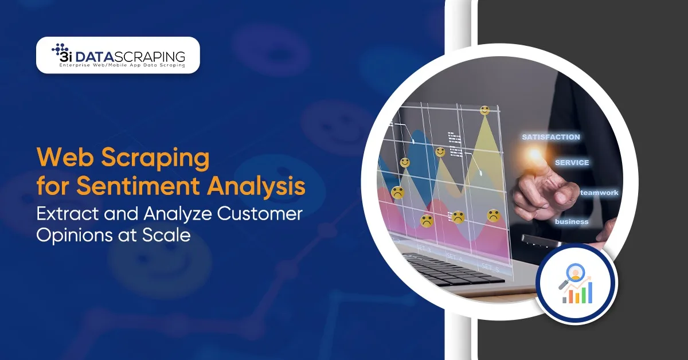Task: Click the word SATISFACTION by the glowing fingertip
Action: [x=550, y=137]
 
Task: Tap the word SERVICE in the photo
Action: [x=572, y=162]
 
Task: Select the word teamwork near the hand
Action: [x=599, y=193]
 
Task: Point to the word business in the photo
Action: [x=572, y=221]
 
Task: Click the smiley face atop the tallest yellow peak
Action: [x=485, y=110]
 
